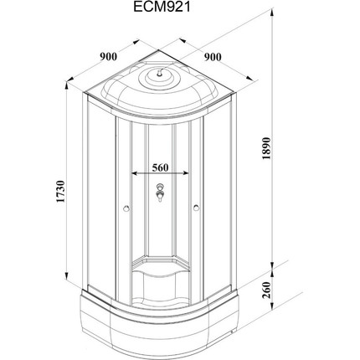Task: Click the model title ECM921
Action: pos(162,7)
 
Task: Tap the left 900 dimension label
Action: pos(109,57)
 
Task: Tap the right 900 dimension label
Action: pos(213,57)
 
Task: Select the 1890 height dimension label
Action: pos(266,148)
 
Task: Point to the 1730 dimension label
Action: pos(60,192)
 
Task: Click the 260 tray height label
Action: pos(266,290)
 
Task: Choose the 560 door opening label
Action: pos(160,167)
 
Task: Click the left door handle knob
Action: pos(126,208)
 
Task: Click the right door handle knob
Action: pos(197,208)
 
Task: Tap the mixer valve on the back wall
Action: pos(160,193)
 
